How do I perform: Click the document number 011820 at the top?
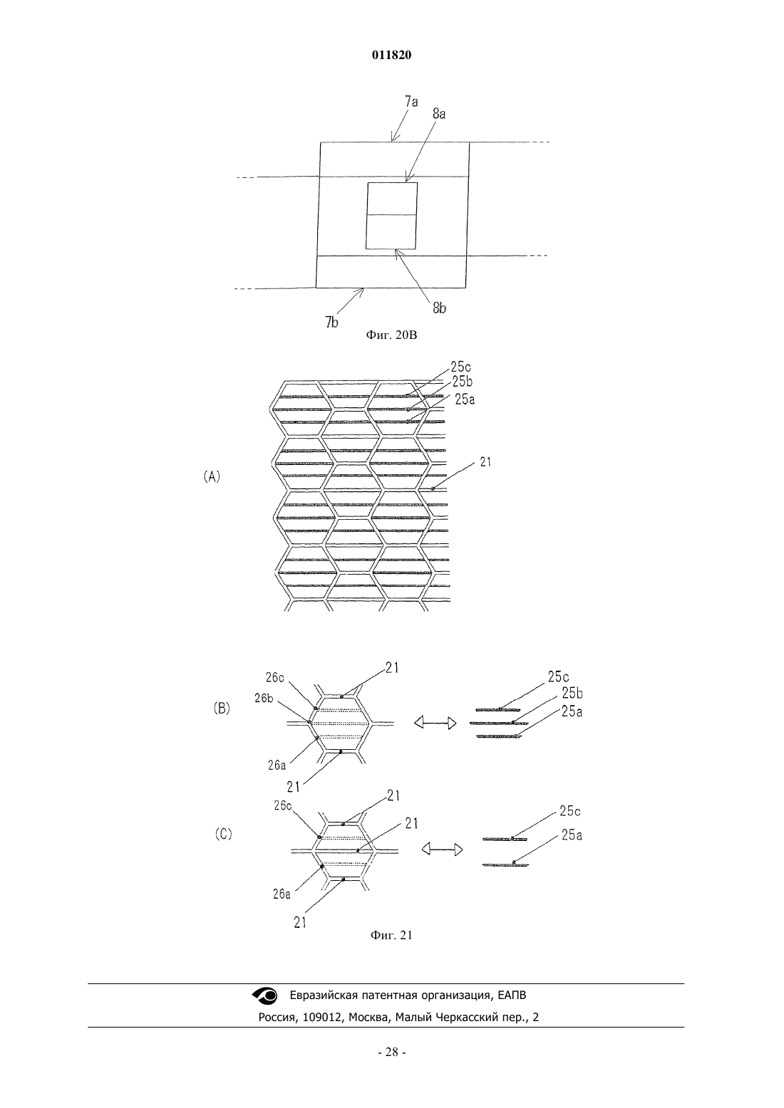[x=391, y=55]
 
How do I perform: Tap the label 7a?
[x=411, y=102]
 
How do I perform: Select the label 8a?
[x=439, y=114]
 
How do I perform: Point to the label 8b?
[x=440, y=308]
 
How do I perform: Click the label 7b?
[x=332, y=323]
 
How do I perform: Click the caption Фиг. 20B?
[x=391, y=335]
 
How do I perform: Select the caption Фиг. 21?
[x=391, y=935]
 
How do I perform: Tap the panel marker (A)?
[x=212, y=477]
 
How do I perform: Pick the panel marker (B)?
[x=222, y=709]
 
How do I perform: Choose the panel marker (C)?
[x=223, y=834]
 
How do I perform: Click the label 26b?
[x=264, y=699]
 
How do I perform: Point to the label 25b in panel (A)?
[x=463, y=382]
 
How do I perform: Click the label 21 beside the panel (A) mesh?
[x=485, y=462]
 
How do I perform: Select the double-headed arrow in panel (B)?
[x=435, y=723]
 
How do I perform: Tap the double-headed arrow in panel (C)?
[x=442, y=850]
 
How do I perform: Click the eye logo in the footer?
[x=265, y=995]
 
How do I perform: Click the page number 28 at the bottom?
[x=391, y=1052]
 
